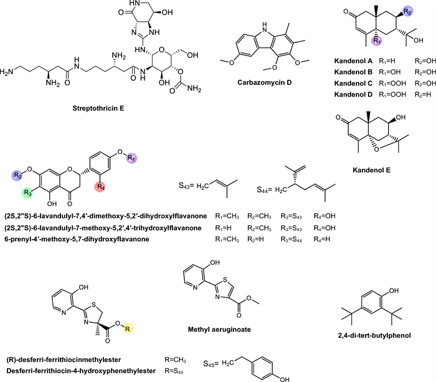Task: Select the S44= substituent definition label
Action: (268, 188)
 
